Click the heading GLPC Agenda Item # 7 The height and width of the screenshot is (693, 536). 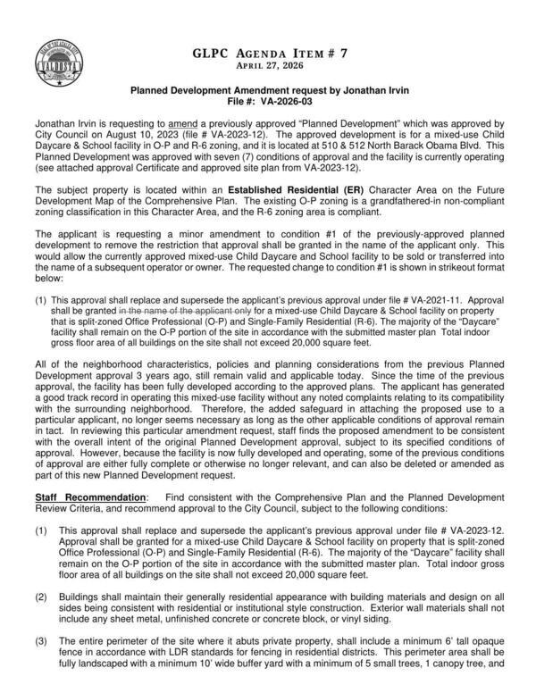[x=267, y=54]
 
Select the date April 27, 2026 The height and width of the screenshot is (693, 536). [x=267, y=67]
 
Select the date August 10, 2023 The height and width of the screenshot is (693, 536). [x=120, y=130]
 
